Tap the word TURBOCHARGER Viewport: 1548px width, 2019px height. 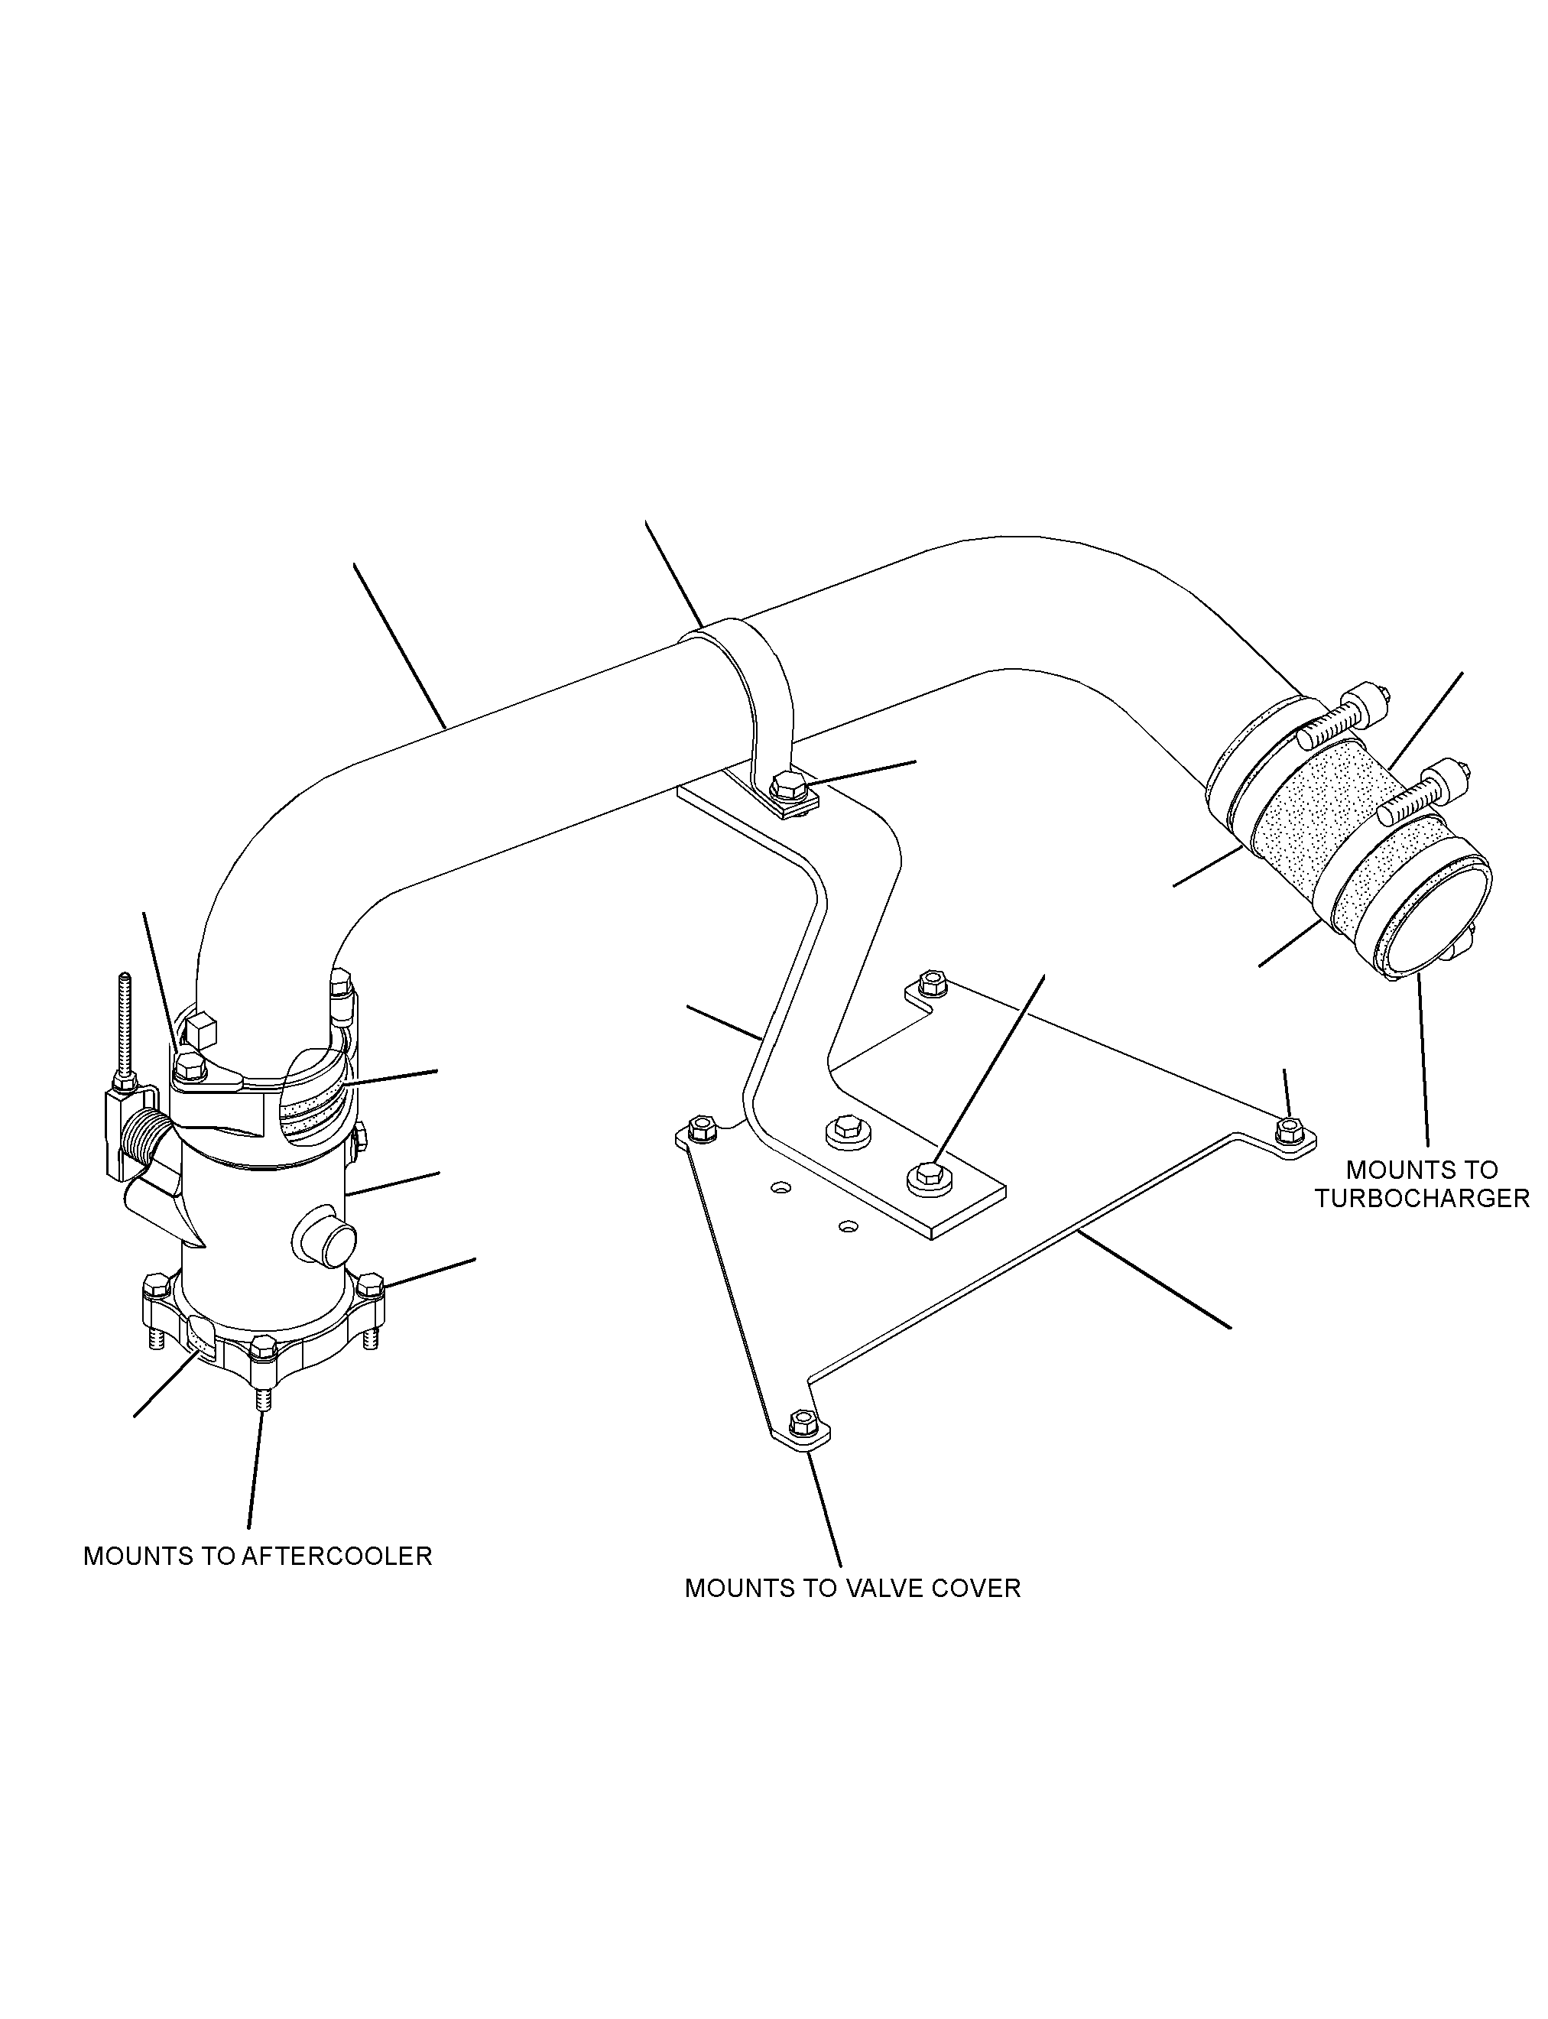[1422, 1198]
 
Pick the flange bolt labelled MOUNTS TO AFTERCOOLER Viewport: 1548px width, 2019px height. [263, 1358]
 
